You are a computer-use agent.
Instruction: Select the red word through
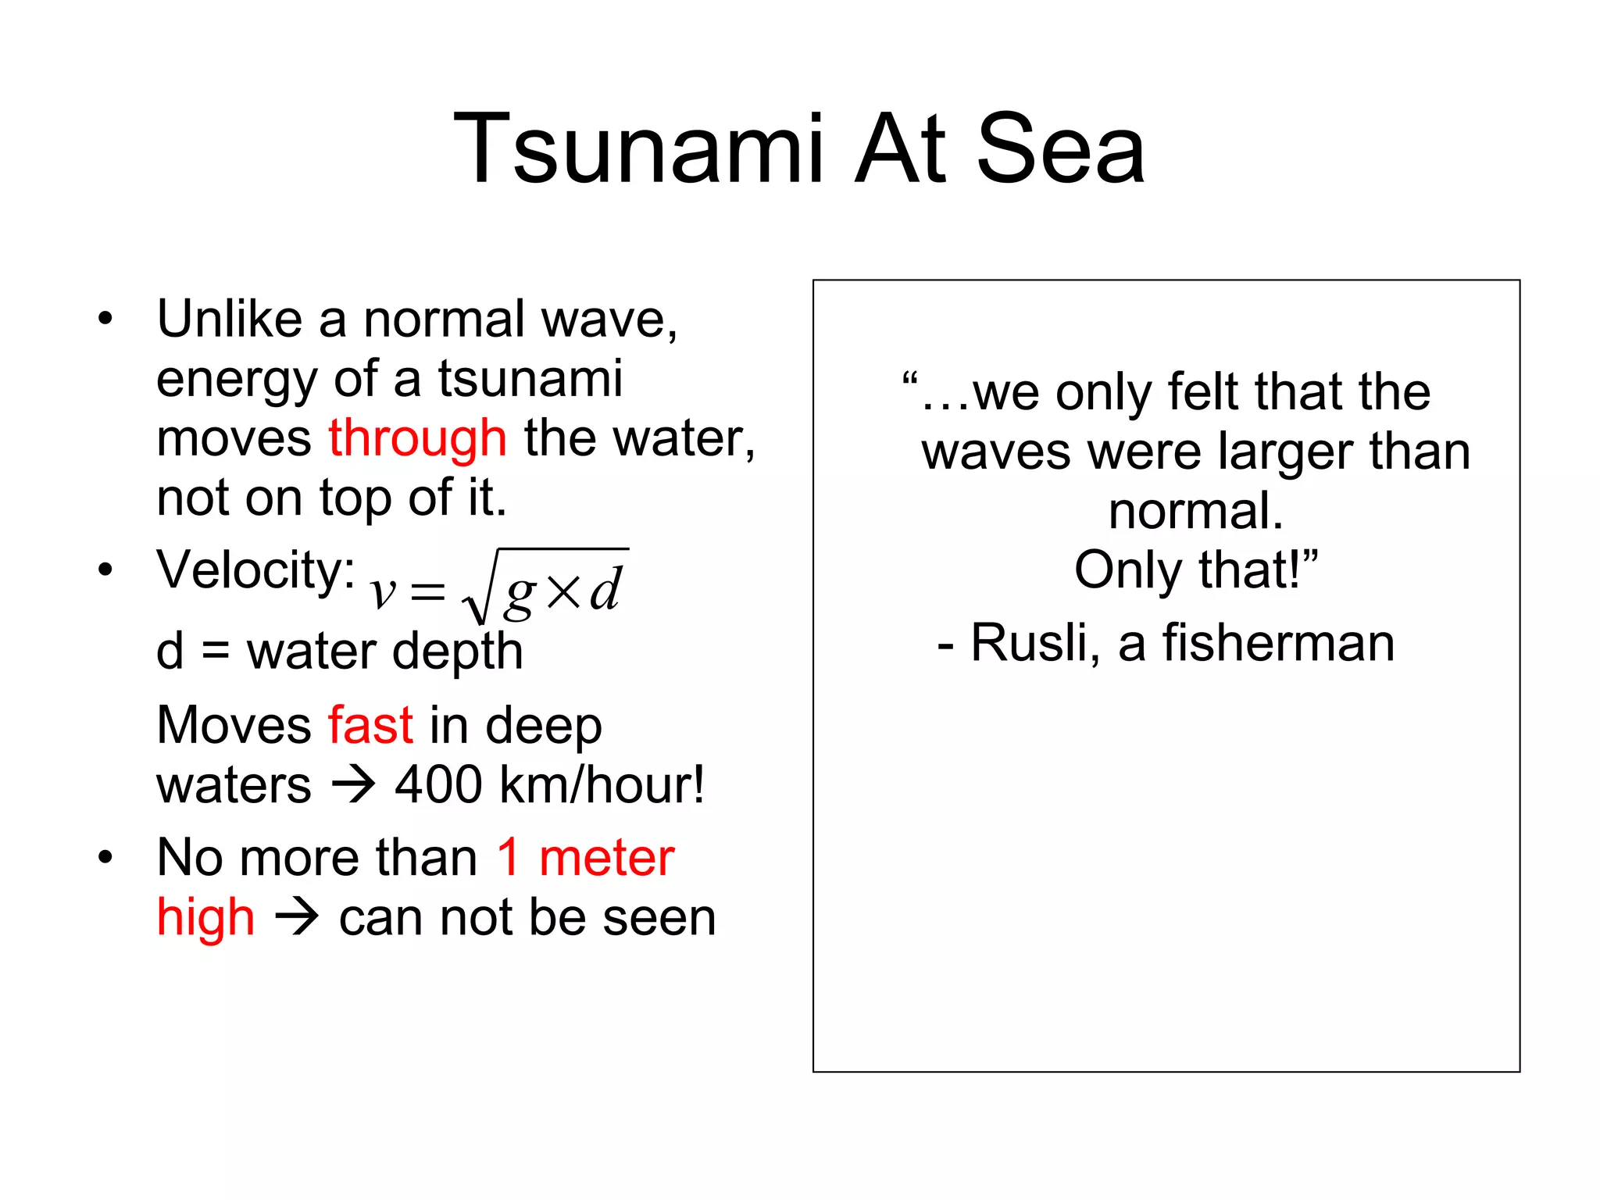[417, 438]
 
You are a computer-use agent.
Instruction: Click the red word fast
[370, 725]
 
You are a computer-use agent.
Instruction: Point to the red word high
[205, 918]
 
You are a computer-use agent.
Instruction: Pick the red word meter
[606, 858]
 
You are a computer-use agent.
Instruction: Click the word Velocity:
[256, 570]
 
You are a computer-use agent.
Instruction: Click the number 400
[438, 784]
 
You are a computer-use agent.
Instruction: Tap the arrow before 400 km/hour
[353, 784]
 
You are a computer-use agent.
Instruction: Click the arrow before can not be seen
[297, 917]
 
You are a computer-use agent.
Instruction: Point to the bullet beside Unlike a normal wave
[105, 319]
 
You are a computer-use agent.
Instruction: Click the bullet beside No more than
[105, 858]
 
